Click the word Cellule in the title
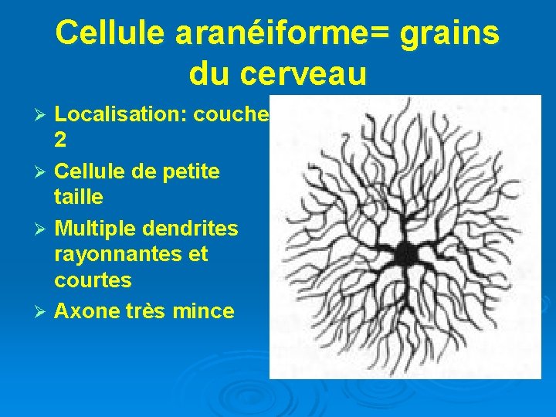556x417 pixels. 108,33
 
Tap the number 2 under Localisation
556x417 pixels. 60,140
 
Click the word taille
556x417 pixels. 78,196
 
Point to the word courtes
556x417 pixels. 93,279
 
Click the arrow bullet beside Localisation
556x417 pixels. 43,116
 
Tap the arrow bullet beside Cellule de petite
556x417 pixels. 43,171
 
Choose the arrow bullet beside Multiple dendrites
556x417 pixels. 43,229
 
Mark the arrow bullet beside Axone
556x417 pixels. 43,312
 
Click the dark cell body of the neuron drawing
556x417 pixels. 405,253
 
